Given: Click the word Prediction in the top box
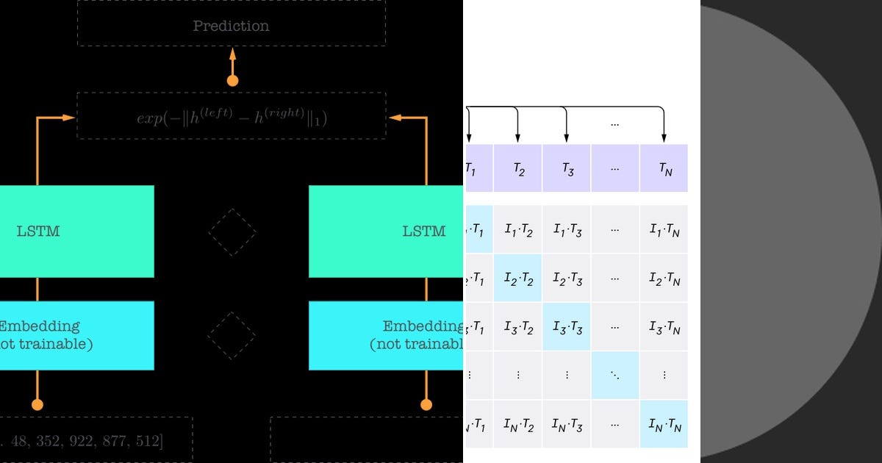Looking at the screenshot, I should click(x=231, y=26).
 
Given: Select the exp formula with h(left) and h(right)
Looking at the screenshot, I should click(x=231, y=117).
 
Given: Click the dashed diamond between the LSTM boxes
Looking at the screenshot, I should click(x=232, y=232).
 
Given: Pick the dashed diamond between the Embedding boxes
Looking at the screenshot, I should click(x=232, y=335).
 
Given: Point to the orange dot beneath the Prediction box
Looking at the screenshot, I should click(x=232, y=81).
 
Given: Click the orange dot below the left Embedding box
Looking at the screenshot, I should click(x=37, y=404).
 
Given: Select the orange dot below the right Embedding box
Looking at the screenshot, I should click(x=426, y=404).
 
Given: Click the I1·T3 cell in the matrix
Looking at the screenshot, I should click(x=567, y=229).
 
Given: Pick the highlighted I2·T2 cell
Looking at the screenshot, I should click(x=517, y=278).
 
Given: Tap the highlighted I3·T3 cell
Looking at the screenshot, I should click(x=567, y=326).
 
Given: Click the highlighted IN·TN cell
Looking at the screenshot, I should click(x=664, y=424).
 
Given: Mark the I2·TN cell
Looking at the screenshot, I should click(x=664, y=278).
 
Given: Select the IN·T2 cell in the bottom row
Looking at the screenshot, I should click(x=517, y=424).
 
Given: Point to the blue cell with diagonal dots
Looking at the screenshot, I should click(x=615, y=375).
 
